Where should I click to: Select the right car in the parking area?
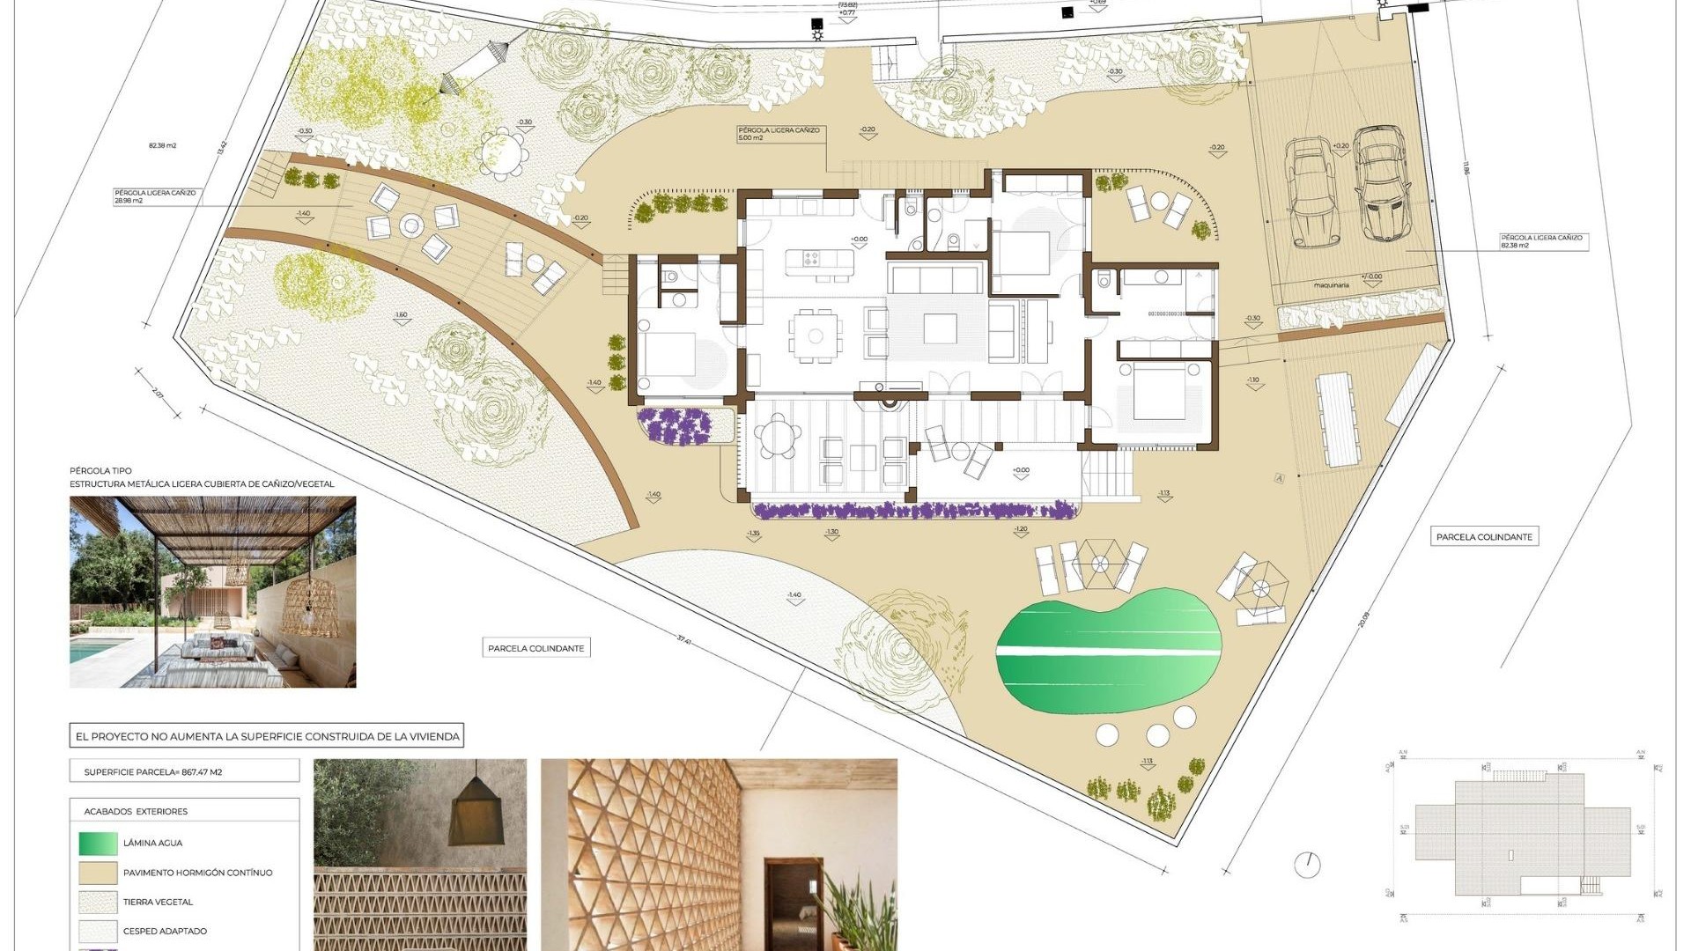point(1382,183)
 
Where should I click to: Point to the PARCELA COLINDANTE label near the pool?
point(1484,536)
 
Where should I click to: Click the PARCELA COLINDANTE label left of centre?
point(535,648)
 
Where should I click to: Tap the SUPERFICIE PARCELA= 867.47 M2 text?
point(153,772)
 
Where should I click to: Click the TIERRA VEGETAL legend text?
point(158,902)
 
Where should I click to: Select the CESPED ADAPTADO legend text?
point(165,931)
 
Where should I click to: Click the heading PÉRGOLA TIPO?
point(100,471)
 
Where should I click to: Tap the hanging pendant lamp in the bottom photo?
point(477,815)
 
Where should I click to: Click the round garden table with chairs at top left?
point(503,153)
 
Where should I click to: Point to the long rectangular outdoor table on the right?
point(1336,419)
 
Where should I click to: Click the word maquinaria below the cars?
point(1331,285)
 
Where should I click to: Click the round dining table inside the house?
point(816,335)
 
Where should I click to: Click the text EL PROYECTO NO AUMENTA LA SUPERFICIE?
point(267,736)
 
